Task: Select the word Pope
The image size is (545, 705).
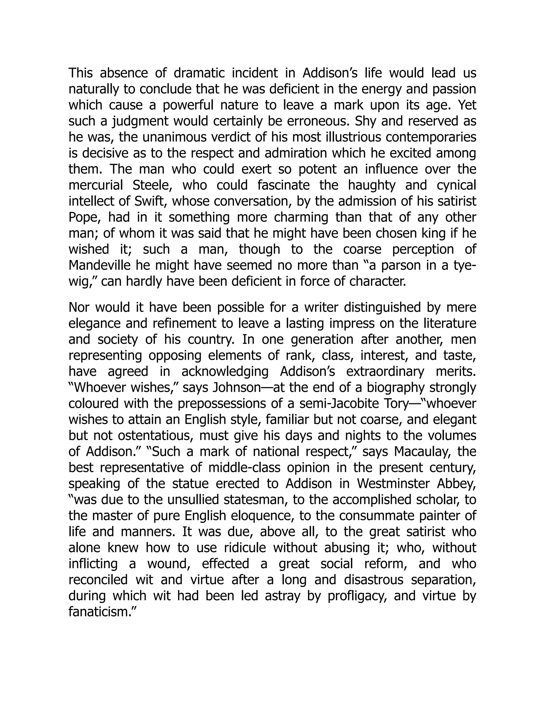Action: pos(82,218)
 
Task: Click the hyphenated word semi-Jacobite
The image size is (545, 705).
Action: pos(336,404)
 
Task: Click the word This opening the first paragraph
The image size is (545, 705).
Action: pos(81,73)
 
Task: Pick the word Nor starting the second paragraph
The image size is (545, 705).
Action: pos(79,308)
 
